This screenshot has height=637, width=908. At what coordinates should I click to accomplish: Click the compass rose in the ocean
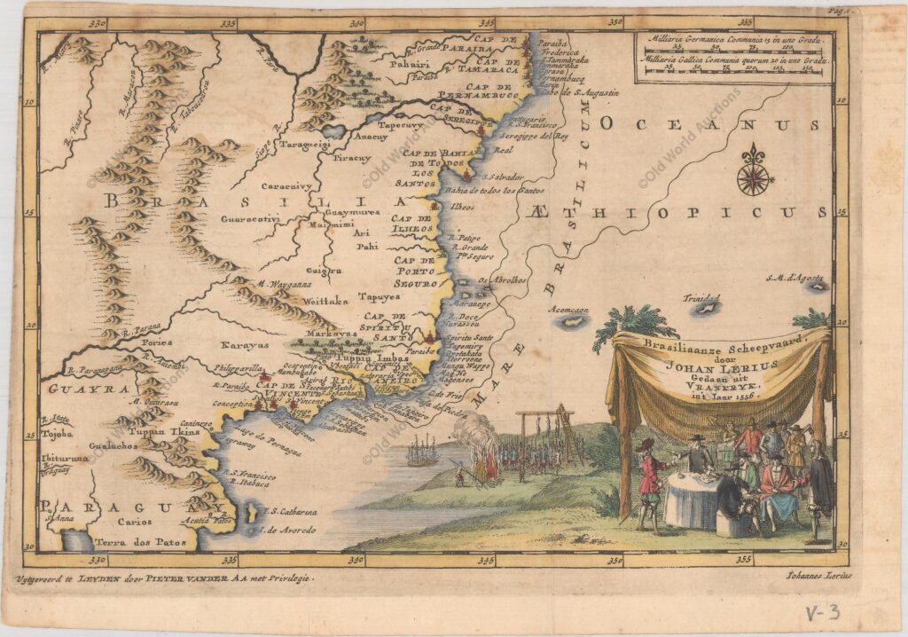click(x=753, y=170)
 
